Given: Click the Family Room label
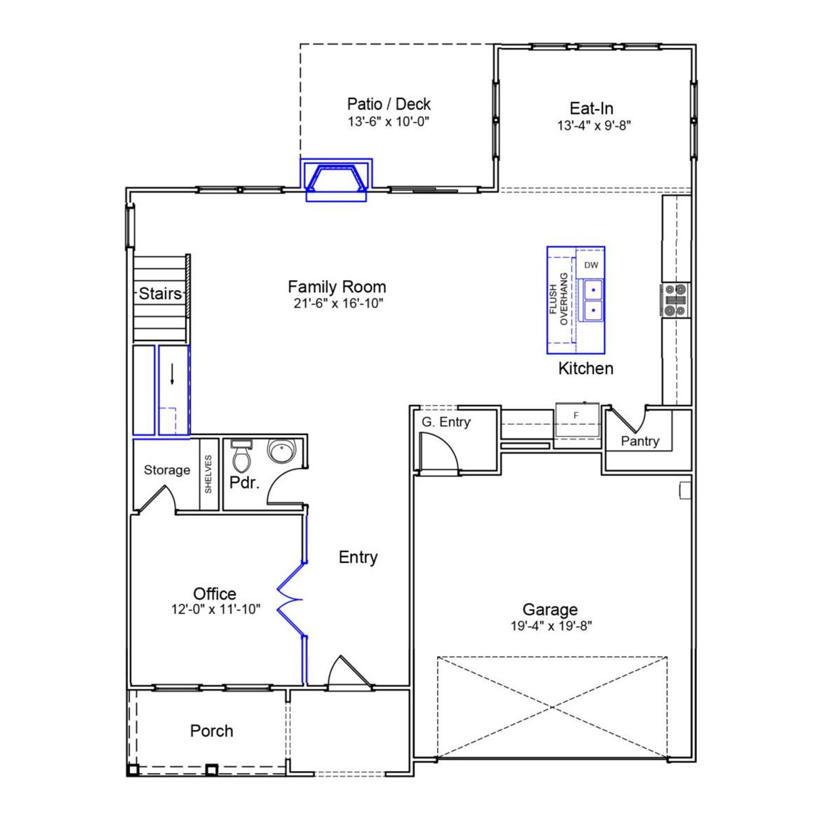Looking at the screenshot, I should point(337,287).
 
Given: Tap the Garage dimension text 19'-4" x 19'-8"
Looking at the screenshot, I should point(551,626).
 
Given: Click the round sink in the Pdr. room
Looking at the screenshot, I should point(282,451).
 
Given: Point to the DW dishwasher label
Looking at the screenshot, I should point(591,265).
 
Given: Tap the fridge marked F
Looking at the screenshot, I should point(577,416).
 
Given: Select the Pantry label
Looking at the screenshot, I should point(640,441).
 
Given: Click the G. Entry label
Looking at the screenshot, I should point(446,422).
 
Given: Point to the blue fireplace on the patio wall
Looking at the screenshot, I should point(337,178).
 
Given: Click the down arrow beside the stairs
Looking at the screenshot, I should point(172,374).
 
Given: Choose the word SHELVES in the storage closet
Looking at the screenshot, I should point(209,474).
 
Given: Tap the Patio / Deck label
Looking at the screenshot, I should point(388,104).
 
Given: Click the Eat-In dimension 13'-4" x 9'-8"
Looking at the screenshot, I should point(594,125).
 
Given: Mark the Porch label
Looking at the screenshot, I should point(211,730).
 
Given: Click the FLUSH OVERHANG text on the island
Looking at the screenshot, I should point(558,299).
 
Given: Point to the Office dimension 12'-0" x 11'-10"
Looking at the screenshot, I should point(216,609).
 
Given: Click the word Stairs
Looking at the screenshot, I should point(160,293).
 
